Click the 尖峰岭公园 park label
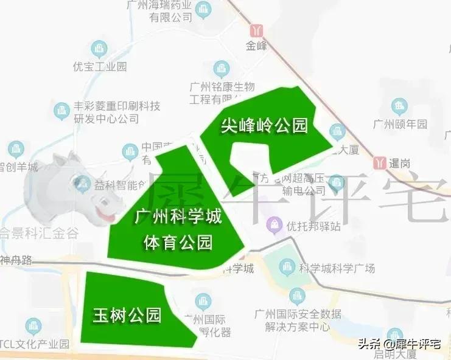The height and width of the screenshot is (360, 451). pyautogui.click(x=264, y=126)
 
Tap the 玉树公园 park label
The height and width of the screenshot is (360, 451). pyautogui.click(x=127, y=314)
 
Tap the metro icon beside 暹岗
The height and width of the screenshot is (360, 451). pyautogui.click(x=380, y=162)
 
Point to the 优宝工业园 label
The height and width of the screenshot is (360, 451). pyautogui.click(x=100, y=66)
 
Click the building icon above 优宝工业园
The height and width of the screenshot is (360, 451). pyautogui.click(x=98, y=48)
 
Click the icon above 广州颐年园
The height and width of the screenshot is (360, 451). pyautogui.click(x=400, y=107)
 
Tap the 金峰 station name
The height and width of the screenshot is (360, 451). pyautogui.click(x=256, y=45)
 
